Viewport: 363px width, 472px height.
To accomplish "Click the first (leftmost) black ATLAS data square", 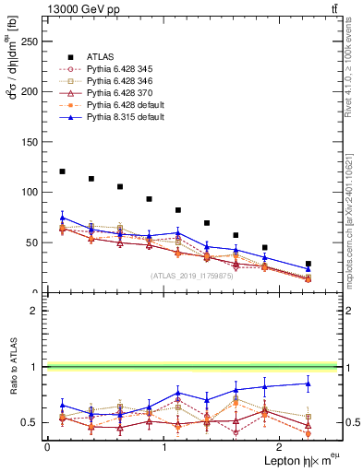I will click(62, 171).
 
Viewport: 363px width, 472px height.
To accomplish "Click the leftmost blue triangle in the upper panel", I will click(62, 218).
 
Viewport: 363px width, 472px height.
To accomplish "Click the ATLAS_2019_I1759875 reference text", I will click(191, 276).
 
